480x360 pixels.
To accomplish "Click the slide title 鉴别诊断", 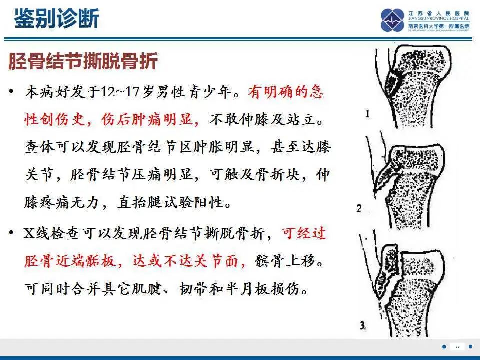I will tap(56, 19).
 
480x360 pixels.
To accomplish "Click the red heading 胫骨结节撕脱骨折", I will tap(83, 62).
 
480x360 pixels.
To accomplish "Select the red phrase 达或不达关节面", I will tap(188, 262).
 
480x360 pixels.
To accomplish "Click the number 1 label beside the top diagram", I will tap(367, 114).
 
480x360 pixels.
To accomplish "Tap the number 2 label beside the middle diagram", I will tap(359, 208).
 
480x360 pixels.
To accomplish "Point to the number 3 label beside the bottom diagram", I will tap(362, 326).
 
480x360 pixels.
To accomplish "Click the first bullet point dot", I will tap(11, 92).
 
